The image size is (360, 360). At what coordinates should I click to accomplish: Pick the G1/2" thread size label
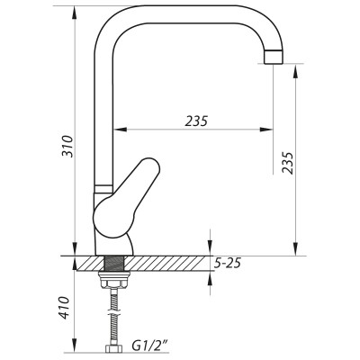click(x=148, y=344)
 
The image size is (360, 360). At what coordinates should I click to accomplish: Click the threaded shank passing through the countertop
click(x=113, y=264)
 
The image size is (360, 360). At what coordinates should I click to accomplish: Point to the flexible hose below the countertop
click(x=113, y=310)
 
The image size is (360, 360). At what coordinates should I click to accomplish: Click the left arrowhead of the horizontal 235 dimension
click(x=119, y=129)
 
